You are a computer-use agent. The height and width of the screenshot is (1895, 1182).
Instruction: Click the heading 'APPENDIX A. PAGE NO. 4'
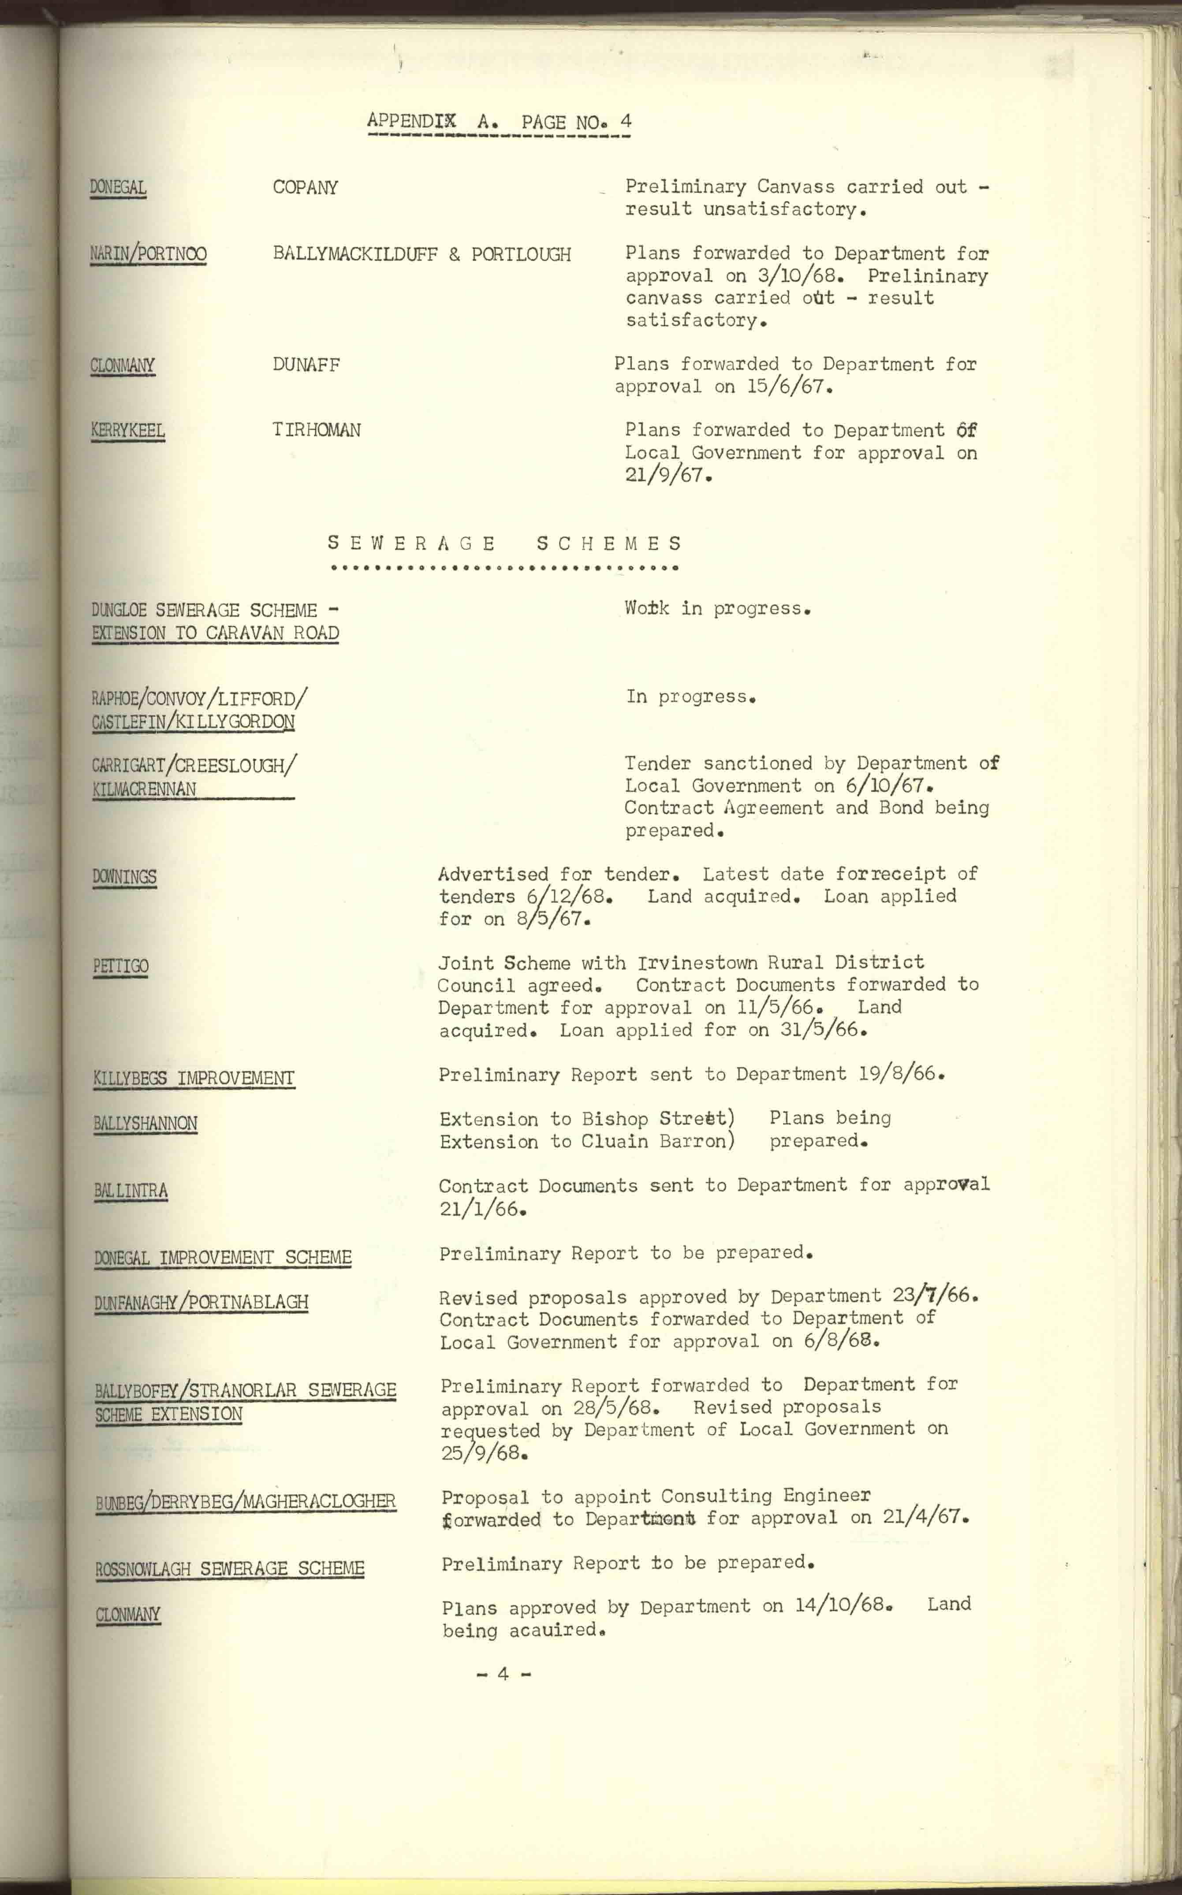[x=499, y=122]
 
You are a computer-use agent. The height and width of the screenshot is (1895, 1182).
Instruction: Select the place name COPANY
[x=305, y=187]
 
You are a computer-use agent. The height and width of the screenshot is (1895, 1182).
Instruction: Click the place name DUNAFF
[x=306, y=365]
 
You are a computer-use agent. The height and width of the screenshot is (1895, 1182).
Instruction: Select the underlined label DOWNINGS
[x=124, y=877]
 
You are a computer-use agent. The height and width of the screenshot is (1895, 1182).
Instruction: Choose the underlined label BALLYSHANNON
[x=145, y=1124]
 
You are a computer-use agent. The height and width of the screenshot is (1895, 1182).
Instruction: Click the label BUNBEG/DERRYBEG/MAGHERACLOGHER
[x=246, y=1501]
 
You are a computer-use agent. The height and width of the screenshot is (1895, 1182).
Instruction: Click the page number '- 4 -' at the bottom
[x=503, y=1673]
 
